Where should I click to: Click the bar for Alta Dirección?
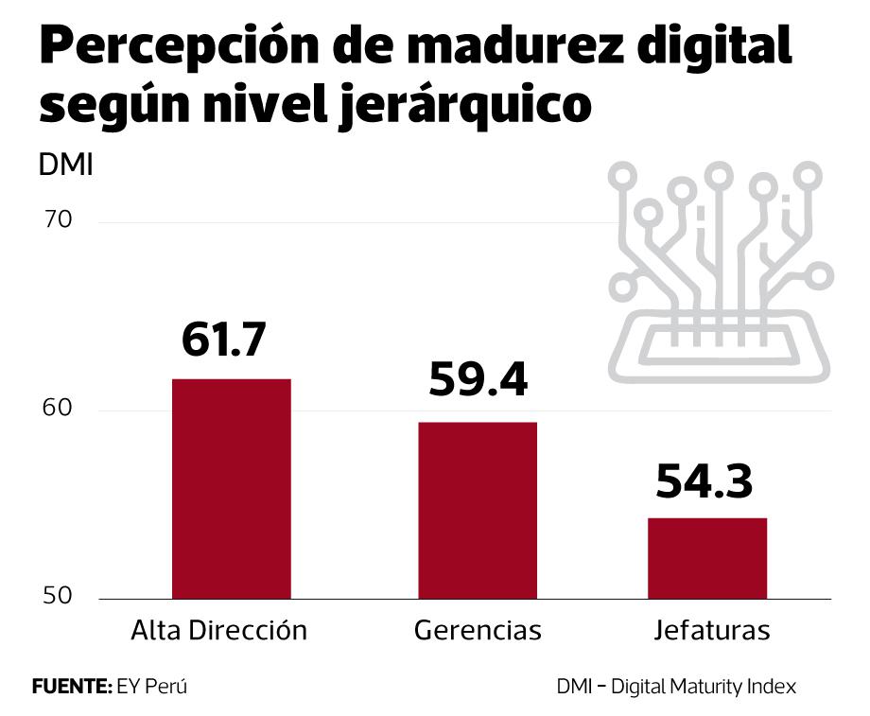(x=231, y=488)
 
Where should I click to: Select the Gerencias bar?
(x=478, y=510)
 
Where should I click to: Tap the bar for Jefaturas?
(x=706, y=558)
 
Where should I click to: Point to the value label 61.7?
(x=224, y=341)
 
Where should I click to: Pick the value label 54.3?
(x=705, y=480)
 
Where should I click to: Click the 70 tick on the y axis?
(x=58, y=220)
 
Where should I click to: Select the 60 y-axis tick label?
(x=58, y=410)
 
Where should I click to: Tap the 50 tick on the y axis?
(x=58, y=597)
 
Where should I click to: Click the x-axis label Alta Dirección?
(x=219, y=631)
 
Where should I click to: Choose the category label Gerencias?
(x=478, y=631)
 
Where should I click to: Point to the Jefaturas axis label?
(x=711, y=631)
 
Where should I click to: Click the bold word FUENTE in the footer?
(x=72, y=687)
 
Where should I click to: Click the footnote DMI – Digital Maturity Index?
(x=676, y=687)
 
